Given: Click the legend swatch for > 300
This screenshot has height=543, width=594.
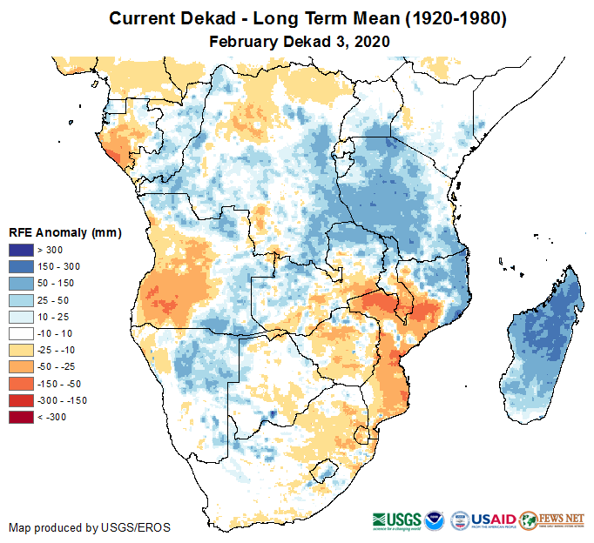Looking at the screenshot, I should (21, 250).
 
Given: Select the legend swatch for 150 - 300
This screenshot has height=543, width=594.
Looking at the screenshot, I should (21, 266).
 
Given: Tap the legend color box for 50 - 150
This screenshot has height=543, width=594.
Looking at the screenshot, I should (21, 283).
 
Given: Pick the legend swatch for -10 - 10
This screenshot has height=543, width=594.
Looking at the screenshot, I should (21, 333).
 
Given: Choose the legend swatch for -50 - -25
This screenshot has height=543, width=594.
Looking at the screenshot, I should (21, 366).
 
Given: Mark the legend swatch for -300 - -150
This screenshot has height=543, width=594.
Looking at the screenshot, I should (21, 400).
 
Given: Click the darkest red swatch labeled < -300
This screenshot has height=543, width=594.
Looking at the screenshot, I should (21, 417).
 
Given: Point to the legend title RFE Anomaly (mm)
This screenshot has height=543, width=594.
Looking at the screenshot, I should (64, 233).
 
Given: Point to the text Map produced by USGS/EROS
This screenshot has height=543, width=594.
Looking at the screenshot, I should (90, 527).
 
